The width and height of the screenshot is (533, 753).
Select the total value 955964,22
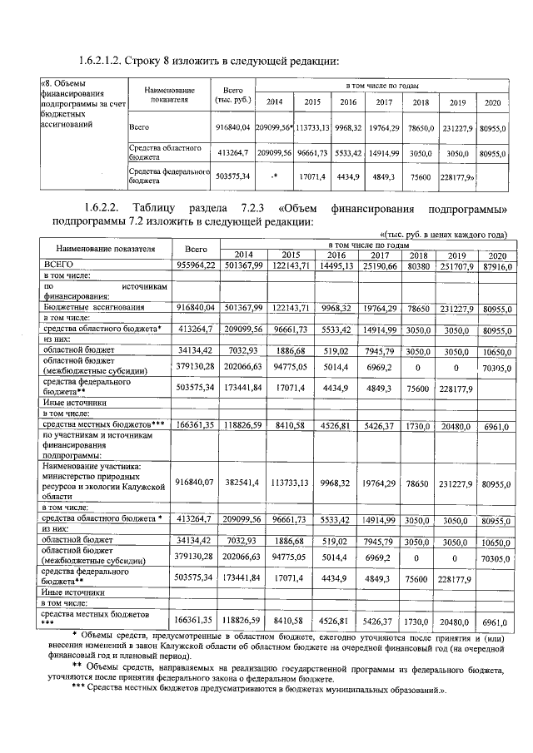click(x=196, y=264)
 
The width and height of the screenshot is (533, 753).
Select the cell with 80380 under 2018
click(x=420, y=264)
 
